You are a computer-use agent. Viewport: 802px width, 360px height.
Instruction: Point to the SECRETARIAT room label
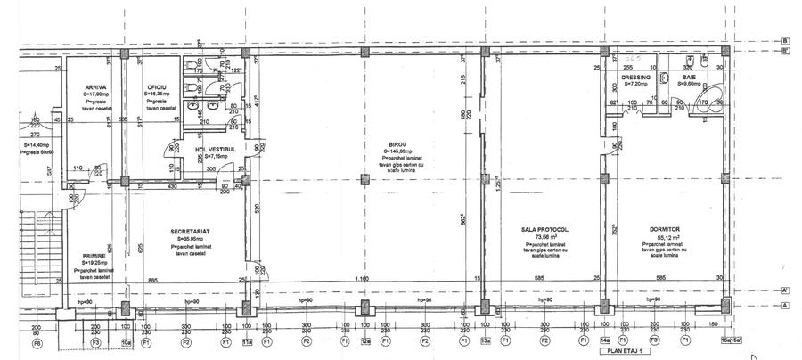point(189,232)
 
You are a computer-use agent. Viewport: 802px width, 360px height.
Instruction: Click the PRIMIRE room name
point(95,256)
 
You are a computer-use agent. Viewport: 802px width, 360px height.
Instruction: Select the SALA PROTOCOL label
point(544,230)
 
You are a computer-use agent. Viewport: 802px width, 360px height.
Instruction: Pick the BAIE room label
point(689,78)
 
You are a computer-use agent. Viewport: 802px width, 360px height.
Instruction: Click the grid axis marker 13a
point(487,341)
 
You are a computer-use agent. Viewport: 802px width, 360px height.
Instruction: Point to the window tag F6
point(37,341)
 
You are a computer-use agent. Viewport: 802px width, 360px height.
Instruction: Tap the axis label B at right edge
point(785,40)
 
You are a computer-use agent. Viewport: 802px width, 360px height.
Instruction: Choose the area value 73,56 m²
point(544,237)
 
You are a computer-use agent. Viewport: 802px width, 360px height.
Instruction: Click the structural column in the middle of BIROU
point(363,180)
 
